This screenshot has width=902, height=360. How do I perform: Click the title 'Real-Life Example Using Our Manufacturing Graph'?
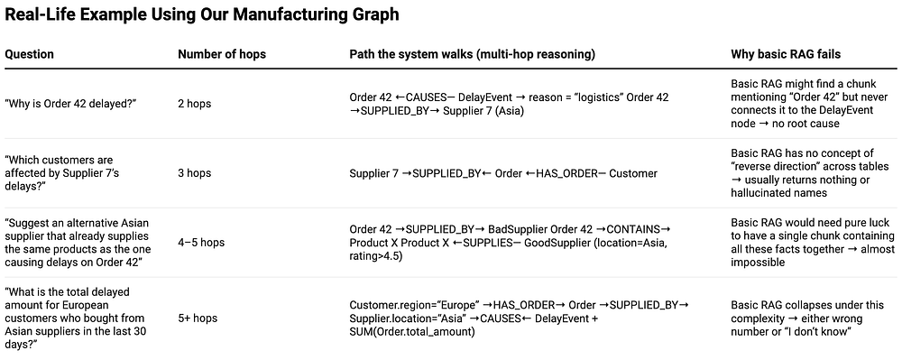[202, 14]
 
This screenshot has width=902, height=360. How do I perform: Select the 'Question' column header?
[30, 55]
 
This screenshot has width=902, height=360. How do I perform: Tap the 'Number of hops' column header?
[222, 55]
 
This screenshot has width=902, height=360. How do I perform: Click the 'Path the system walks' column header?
[473, 55]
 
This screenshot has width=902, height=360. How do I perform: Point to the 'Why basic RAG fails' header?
[786, 55]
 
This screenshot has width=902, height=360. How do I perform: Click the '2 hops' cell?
[195, 104]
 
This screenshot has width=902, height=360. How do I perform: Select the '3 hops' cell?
[195, 173]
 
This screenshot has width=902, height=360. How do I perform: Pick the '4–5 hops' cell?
[201, 243]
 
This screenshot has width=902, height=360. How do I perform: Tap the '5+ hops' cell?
[198, 318]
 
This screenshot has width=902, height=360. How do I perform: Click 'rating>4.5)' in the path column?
[375, 256]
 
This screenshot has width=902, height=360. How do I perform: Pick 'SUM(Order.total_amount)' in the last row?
[412, 332]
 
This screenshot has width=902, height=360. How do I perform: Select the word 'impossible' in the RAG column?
[756, 263]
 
